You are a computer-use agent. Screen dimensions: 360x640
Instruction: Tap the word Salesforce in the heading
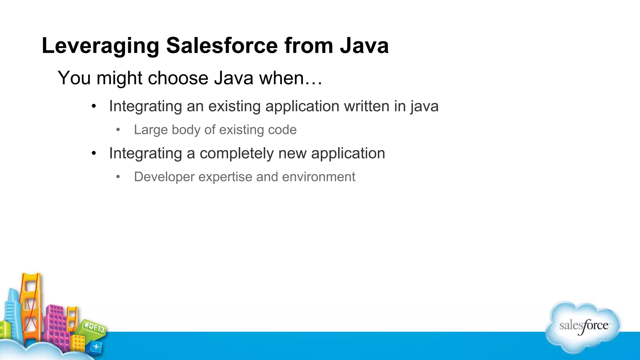[222, 45]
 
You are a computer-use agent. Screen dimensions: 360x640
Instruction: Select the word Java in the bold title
[364, 45]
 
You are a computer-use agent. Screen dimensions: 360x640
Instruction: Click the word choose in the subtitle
[178, 78]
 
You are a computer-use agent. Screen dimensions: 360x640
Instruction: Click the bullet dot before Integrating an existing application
[94, 107]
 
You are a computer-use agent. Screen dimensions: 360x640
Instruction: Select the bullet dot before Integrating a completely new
[94, 153]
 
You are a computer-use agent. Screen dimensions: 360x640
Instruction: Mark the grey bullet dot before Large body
[118, 130]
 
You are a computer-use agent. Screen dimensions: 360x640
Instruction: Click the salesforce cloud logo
[583, 327]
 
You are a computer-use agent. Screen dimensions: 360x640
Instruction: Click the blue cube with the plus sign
[96, 347]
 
